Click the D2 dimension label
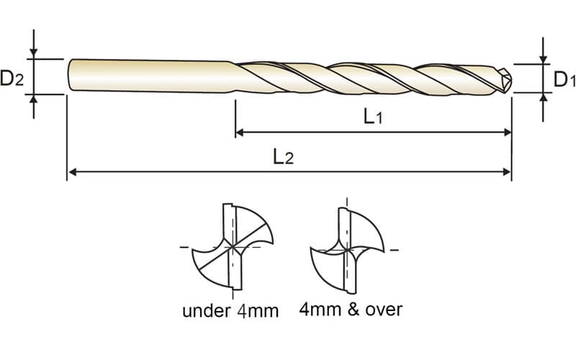point(12,78)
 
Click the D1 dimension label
point(564,79)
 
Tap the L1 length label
point(373,117)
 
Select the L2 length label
point(283,157)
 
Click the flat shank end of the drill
point(69,75)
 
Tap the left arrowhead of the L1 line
point(240,132)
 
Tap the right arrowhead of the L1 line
point(508,132)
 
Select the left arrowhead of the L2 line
point(73,171)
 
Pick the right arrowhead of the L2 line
point(508,171)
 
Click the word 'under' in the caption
point(206,311)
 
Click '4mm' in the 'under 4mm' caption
point(258,311)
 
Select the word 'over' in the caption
point(384,310)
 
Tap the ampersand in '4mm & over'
point(353,310)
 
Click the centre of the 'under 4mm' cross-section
point(233,247)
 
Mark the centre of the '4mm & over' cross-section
point(347,250)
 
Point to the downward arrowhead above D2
point(34,53)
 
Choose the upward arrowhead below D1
point(544,97)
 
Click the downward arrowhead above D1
point(544,59)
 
